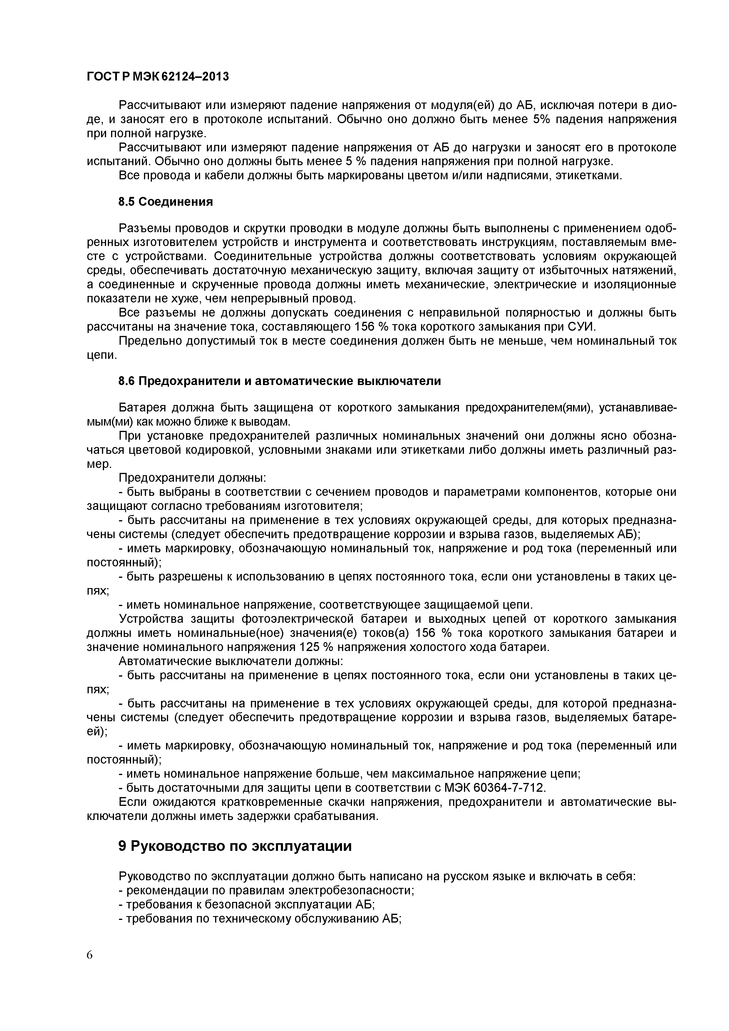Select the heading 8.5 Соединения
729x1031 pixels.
165,202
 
